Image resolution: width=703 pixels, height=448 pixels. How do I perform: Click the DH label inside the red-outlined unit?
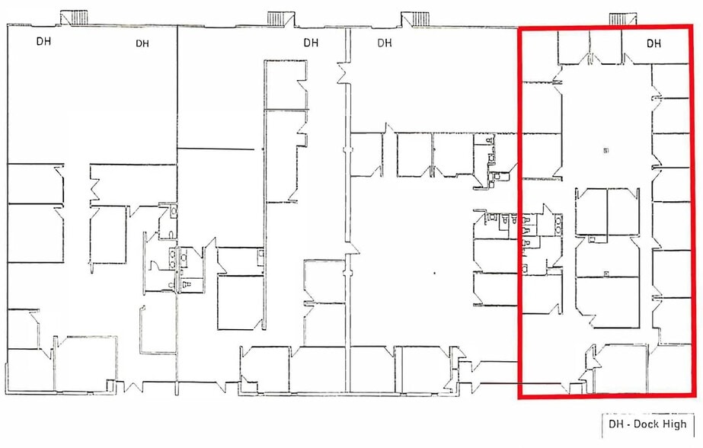(x=653, y=43)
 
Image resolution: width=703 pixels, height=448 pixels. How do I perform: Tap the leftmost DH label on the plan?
(x=43, y=41)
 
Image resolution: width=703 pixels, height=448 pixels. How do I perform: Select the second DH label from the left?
(x=142, y=43)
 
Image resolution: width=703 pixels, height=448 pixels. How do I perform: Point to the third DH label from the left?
(x=311, y=43)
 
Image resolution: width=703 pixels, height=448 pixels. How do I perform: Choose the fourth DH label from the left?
(x=384, y=43)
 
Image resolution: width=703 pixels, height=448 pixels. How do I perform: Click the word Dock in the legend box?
(x=647, y=424)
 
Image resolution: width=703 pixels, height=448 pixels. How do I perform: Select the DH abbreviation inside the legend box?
(x=615, y=424)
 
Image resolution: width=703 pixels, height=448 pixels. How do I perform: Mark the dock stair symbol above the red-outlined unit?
(x=622, y=19)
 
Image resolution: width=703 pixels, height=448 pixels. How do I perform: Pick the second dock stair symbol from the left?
(x=281, y=19)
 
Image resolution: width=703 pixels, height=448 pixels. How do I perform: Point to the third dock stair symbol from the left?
(x=414, y=19)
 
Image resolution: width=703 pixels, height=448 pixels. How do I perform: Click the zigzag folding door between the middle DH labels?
(x=344, y=72)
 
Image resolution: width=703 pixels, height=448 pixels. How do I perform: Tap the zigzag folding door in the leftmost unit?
(x=95, y=190)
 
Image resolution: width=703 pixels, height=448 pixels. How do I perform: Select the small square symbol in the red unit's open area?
(x=606, y=151)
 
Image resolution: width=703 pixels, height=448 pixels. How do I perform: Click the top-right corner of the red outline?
(x=692, y=27)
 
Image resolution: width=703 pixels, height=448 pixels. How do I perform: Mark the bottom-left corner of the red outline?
(x=520, y=396)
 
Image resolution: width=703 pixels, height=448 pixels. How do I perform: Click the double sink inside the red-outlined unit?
(x=558, y=224)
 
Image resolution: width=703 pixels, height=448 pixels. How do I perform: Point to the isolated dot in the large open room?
(x=434, y=273)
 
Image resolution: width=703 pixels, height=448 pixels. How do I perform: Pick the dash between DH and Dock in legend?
(x=628, y=424)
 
